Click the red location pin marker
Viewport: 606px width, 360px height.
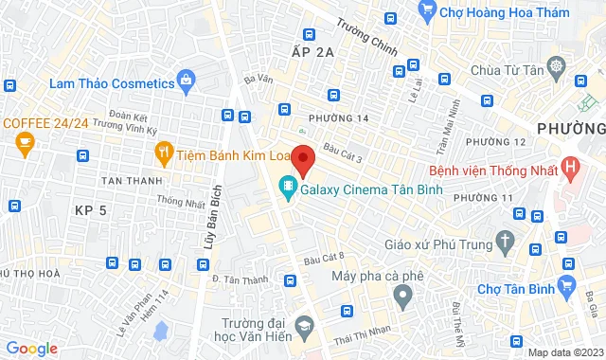(302, 159)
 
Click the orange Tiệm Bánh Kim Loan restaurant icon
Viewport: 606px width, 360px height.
(164, 152)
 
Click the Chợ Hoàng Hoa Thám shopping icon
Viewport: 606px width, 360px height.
(426, 10)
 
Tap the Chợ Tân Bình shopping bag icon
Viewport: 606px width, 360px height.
(568, 283)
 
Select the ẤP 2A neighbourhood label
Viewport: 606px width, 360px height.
(314, 53)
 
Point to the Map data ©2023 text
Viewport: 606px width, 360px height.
(564, 352)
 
